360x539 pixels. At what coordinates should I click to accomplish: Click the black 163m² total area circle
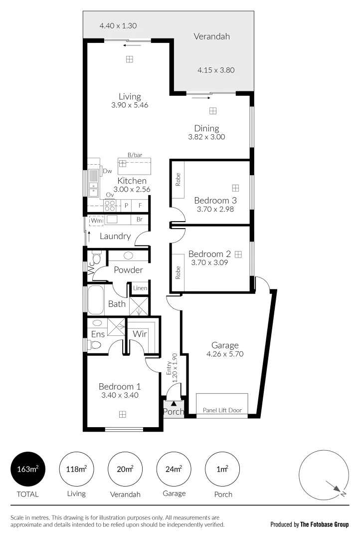(28, 469)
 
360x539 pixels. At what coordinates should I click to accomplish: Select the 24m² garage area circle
(174, 469)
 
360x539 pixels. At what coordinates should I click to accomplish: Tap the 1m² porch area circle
(222, 469)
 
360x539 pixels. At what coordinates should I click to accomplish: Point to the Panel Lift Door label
(222, 410)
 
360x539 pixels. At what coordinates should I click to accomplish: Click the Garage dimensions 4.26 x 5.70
(225, 354)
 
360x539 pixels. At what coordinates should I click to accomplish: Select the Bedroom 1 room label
(120, 386)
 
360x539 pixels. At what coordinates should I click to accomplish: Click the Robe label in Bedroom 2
(178, 271)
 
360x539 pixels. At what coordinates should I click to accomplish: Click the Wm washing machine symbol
(95, 220)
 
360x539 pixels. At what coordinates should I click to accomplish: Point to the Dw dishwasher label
(107, 171)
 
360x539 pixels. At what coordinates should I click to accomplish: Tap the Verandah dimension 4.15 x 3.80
(215, 70)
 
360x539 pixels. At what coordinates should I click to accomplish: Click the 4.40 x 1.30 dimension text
(118, 26)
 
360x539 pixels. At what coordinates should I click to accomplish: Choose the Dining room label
(206, 128)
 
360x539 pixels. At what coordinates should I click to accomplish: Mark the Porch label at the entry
(173, 412)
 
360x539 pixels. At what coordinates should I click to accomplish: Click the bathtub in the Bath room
(96, 300)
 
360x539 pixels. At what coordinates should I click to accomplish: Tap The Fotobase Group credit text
(324, 525)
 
